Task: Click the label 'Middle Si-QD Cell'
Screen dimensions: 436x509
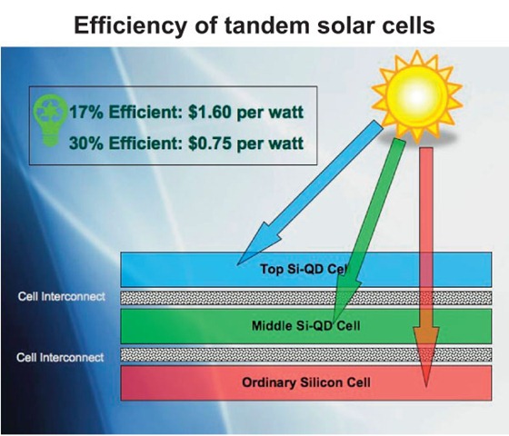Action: tap(300, 324)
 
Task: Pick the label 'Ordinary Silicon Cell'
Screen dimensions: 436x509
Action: tap(300, 381)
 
